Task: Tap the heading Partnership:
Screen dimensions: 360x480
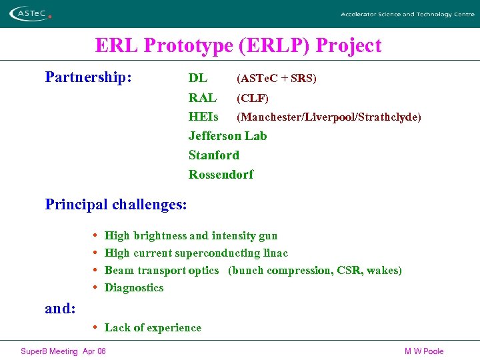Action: click(88, 77)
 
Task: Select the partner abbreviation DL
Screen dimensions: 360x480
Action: click(198, 79)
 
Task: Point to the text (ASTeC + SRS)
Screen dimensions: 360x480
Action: click(276, 79)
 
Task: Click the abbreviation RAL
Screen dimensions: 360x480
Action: click(202, 98)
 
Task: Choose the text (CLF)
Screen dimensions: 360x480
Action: click(253, 99)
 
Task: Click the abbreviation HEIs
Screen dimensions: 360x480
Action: click(203, 117)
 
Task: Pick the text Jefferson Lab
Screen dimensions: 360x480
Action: click(227, 136)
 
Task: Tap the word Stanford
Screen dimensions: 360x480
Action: click(213, 155)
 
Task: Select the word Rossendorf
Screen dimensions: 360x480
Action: click(221, 175)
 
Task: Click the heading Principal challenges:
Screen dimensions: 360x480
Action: click(116, 204)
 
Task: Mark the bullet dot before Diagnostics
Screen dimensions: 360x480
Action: click(97, 288)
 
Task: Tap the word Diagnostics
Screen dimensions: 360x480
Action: click(134, 288)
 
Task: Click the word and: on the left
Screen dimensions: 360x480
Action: click(60, 309)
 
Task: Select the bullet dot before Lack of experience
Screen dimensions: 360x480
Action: click(97, 327)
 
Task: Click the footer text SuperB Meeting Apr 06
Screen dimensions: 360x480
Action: click(63, 351)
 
